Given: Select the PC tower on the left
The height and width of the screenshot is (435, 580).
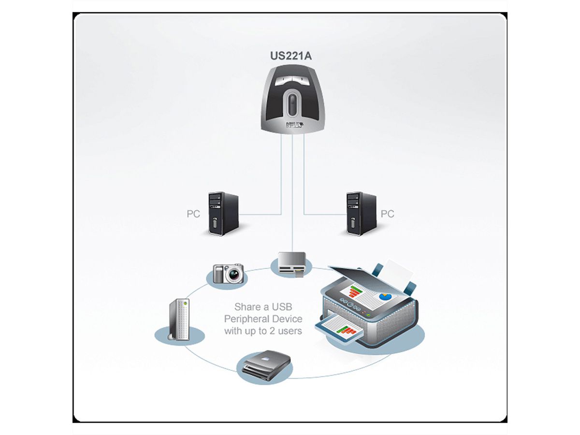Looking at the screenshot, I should pos(223,213).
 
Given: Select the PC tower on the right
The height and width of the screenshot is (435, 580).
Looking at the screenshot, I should pos(361,213).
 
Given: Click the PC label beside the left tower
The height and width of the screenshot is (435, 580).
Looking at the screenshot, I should pos(193,214).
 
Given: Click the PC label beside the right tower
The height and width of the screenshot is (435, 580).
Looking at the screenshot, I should pos(388,214).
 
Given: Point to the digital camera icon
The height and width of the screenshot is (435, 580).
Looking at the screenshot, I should pos(228,273).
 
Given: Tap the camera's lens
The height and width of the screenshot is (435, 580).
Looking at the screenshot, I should pos(234,275).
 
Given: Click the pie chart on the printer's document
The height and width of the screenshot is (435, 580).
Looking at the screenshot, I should pos(385,296).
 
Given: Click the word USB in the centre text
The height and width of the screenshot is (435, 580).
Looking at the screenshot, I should pos(282,307).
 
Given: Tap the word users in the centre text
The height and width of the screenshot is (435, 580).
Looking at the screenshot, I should pos(290,331).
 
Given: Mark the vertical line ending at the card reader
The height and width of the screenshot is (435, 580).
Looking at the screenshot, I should pos(292,193).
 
